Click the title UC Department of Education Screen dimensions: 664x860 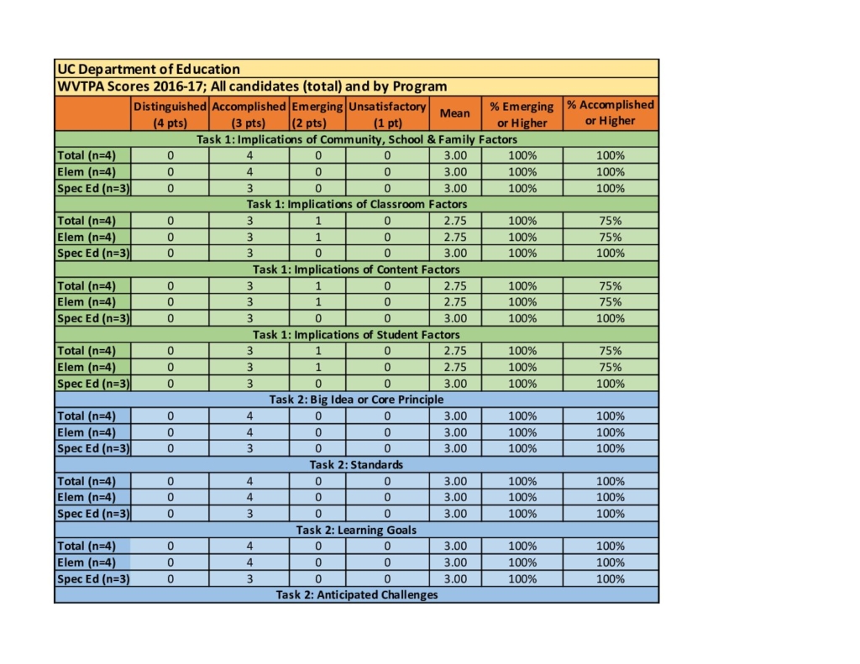point(149,69)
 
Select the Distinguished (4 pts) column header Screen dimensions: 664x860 point(170,114)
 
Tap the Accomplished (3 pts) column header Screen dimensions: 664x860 point(249,114)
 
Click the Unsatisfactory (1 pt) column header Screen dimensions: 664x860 point(387,114)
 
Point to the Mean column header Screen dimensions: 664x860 point(455,113)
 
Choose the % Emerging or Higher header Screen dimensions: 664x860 point(522,114)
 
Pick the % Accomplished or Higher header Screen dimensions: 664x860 point(611,113)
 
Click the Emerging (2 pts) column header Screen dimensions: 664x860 point(317,114)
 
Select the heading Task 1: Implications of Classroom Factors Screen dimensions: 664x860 point(357,204)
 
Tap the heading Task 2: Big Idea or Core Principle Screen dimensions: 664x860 point(357,400)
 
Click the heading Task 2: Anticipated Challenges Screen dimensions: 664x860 point(357,595)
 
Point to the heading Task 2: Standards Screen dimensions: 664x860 point(357,464)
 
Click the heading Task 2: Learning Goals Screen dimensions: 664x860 point(357,530)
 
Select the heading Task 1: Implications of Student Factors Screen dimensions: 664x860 point(357,334)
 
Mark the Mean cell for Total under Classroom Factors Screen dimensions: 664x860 point(455,221)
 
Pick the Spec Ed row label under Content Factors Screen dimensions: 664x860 point(93,318)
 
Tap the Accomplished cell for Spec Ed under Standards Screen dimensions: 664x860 point(249,514)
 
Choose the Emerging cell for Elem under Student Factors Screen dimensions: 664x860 point(318,367)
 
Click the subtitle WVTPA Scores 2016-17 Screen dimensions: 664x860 point(251,86)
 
